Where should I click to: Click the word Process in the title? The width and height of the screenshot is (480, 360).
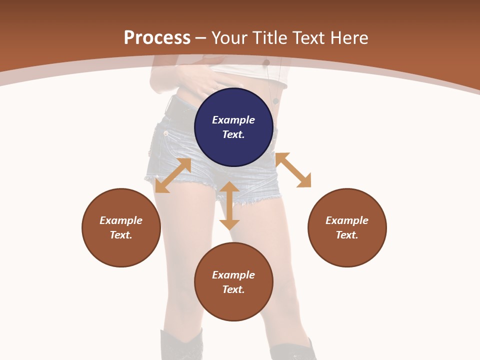(157, 38)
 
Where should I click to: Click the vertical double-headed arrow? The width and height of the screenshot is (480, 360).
(229, 205)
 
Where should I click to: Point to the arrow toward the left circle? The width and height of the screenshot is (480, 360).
(173, 175)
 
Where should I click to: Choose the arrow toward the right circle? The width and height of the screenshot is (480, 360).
(293, 170)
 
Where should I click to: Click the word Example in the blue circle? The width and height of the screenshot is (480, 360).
(233, 120)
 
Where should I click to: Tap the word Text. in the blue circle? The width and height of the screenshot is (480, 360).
(233, 134)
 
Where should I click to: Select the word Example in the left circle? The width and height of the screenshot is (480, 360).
(121, 220)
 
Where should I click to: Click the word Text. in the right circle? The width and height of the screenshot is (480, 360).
(347, 235)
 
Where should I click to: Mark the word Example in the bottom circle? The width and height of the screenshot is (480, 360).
(233, 275)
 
